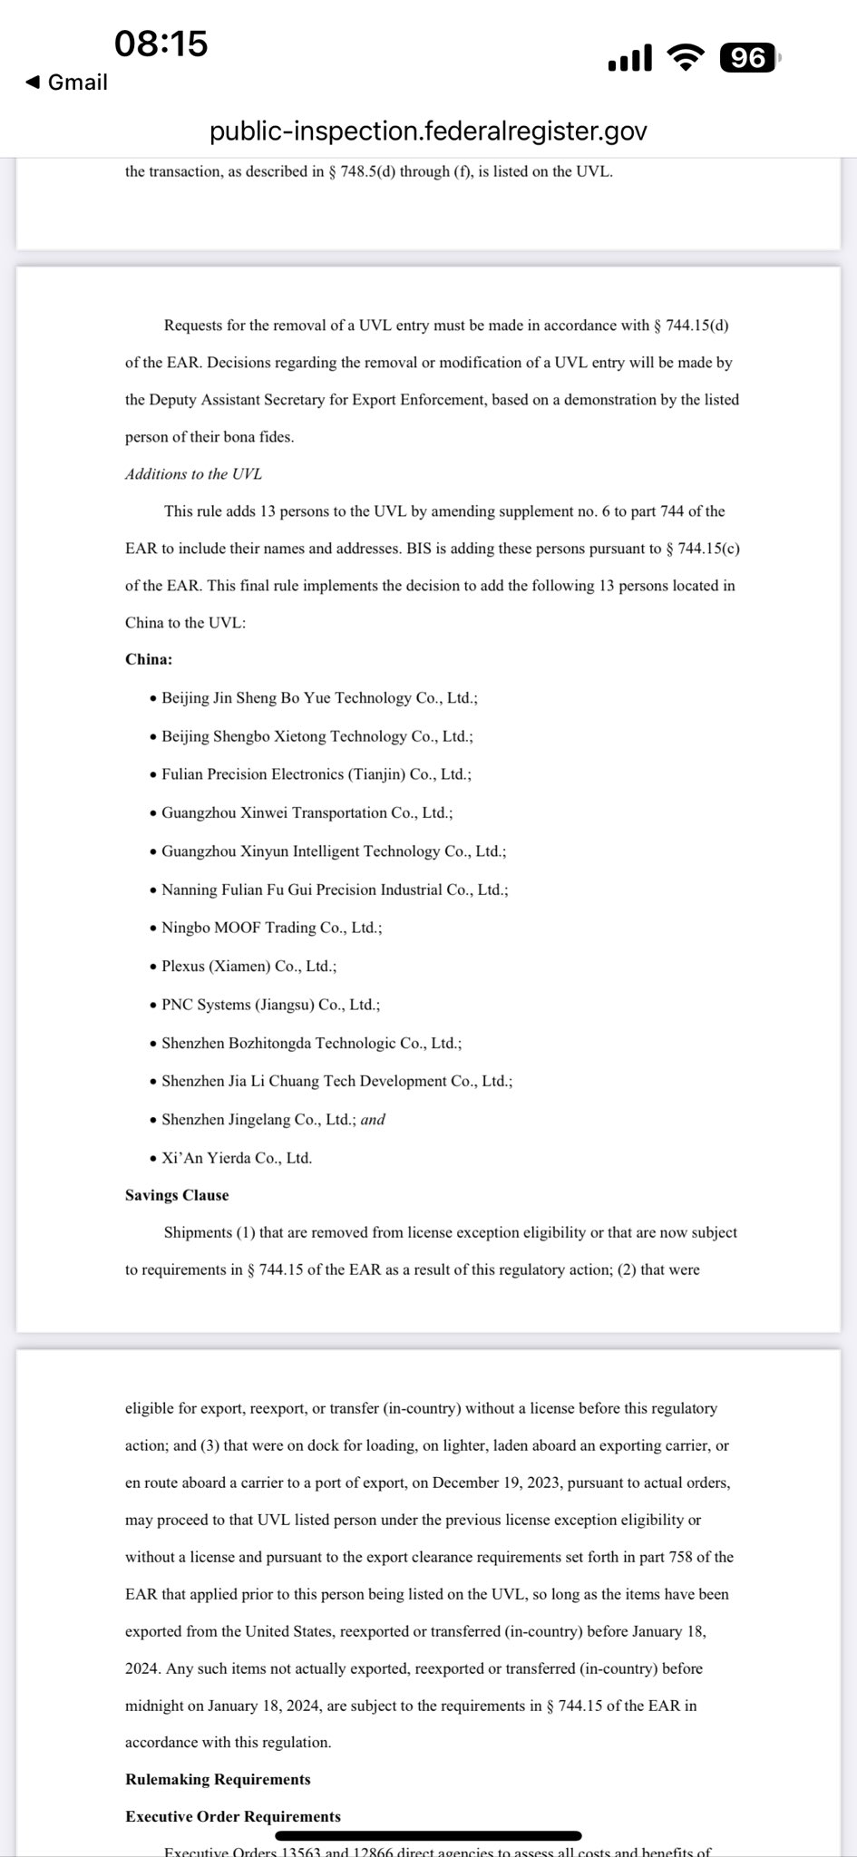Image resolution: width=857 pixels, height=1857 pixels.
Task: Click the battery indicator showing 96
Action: (x=748, y=58)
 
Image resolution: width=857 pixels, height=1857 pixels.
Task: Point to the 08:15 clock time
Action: (x=161, y=43)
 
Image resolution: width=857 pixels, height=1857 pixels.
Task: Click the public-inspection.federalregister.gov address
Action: (x=428, y=131)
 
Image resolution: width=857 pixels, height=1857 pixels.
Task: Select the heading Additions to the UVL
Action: (x=193, y=474)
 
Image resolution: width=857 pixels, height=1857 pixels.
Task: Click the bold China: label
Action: (x=149, y=659)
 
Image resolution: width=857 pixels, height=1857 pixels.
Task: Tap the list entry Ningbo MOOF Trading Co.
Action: (x=271, y=928)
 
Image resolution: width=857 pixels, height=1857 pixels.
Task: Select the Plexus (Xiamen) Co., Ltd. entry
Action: (x=248, y=967)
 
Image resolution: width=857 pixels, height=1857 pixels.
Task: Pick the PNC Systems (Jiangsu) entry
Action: (x=270, y=1005)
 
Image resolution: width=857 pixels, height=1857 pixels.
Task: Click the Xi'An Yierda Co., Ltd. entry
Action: (x=236, y=1158)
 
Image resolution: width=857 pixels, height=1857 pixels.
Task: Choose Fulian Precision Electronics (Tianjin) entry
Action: (x=316, y=774)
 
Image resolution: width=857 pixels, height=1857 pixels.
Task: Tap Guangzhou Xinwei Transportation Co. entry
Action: (x=307, y=812)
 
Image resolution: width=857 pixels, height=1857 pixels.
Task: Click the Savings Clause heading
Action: (x=177, y=1195)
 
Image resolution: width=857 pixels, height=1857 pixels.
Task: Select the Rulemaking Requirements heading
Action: (x=218, y=1779)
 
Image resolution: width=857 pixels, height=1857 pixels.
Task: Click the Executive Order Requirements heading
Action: (x=233, y=1816)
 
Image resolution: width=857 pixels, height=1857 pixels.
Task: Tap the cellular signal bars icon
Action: (x=629, y=58)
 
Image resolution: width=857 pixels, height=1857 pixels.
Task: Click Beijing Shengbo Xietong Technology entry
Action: (x=317, y=736)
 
